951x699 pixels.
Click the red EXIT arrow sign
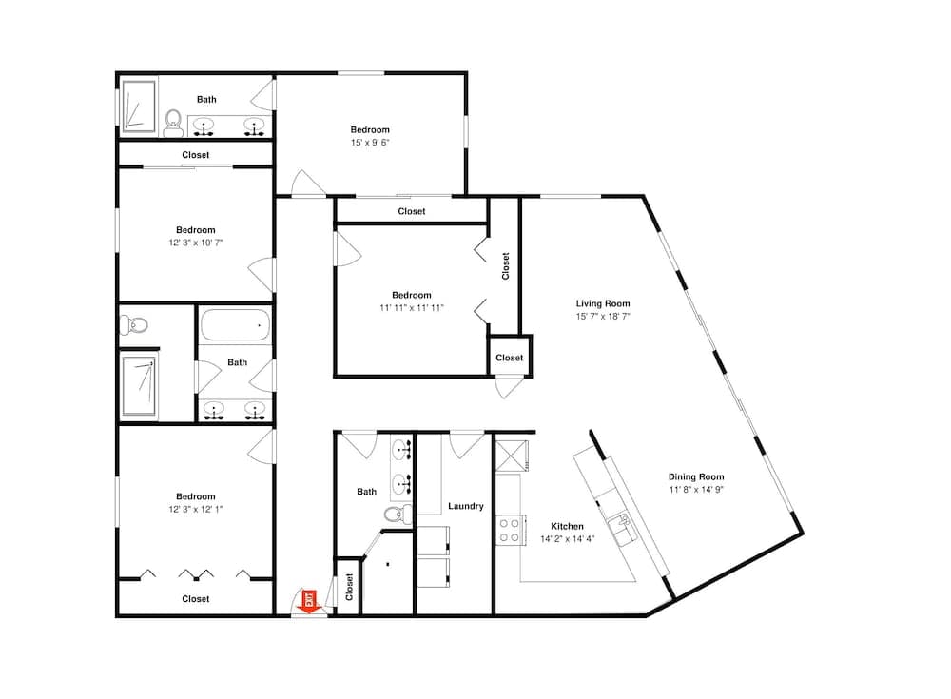[x=309, y=602]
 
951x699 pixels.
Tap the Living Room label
[x=603, y=303]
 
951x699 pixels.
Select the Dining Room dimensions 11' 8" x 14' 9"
[x=696, y=490]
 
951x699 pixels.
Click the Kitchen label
[x=567, y=526]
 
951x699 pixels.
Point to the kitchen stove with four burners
[x=508, y=529]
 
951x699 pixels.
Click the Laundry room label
[x=466, y=506]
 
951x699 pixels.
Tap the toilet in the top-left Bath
[x=173, y=124]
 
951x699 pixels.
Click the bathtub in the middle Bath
[x=235, y=326]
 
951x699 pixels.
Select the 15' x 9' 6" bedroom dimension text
[x=370, y=143]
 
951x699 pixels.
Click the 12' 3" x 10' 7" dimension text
[x=196, y=243]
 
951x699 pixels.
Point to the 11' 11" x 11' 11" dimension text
[x=412, y=307]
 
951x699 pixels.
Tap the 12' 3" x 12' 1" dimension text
[x=196, y=509]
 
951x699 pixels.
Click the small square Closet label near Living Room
[x=510, y=358]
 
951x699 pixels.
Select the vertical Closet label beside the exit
[x=349, y=588]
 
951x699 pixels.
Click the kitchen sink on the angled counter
[x=623, y=528]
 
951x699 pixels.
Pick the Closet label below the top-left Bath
[x=196, y=155]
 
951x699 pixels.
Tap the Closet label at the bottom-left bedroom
[x=196, y=599]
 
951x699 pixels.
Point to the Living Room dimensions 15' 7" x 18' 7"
[x=603, y=316]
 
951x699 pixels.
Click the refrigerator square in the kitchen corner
[x=512, y=456]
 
